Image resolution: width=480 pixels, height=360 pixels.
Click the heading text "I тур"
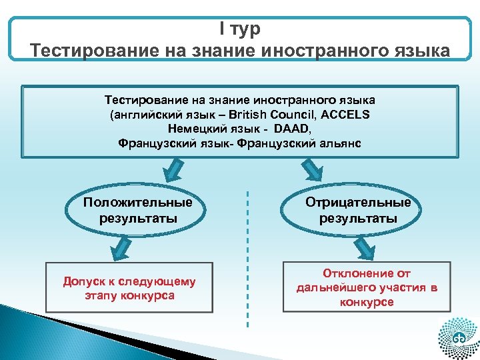[240, 29]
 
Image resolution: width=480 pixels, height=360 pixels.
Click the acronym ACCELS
[345, 114]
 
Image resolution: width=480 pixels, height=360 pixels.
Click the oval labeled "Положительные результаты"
[138, 210]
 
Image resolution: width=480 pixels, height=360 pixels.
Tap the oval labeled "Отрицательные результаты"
[358, 210]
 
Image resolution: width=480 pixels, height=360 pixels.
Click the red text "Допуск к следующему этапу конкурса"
[129, 288]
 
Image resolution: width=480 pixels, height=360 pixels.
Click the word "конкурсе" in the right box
[367, 302]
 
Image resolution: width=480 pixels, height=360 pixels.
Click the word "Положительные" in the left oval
[138, 202]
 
